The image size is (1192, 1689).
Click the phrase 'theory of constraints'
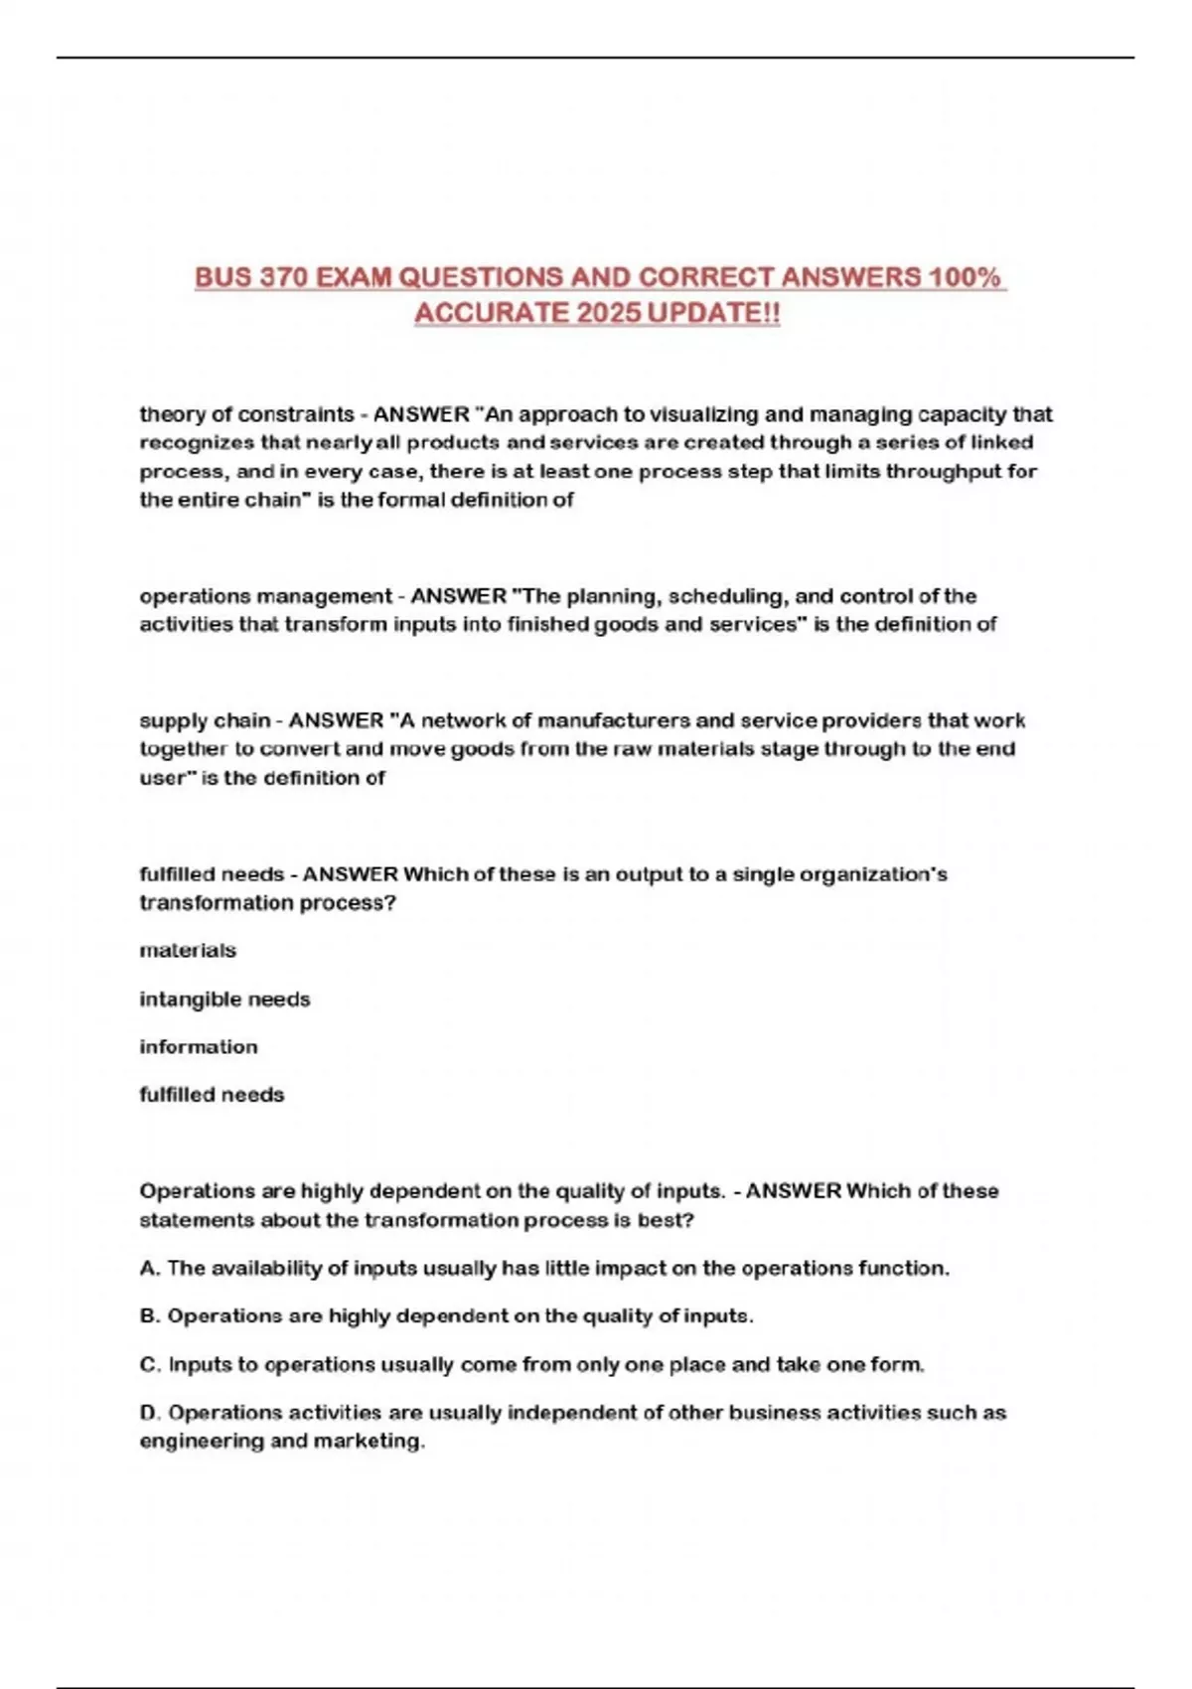tap(246, 414)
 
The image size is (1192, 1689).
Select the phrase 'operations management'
tap(265, 596)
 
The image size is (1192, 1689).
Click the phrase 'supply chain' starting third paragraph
tap(204, 720)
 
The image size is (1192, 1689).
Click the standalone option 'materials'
tap(188, 951)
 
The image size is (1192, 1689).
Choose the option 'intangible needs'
tap(224, 999)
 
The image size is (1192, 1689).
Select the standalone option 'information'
tap(198, 1047)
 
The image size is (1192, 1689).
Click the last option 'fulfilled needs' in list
tap(212, 1095)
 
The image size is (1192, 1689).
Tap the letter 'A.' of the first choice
tap(150, 1269)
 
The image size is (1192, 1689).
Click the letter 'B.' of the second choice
tap(150, 1316)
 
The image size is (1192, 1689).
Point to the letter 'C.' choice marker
tap(150, 1365)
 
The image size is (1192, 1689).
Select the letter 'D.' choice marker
tap(150, 1413)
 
